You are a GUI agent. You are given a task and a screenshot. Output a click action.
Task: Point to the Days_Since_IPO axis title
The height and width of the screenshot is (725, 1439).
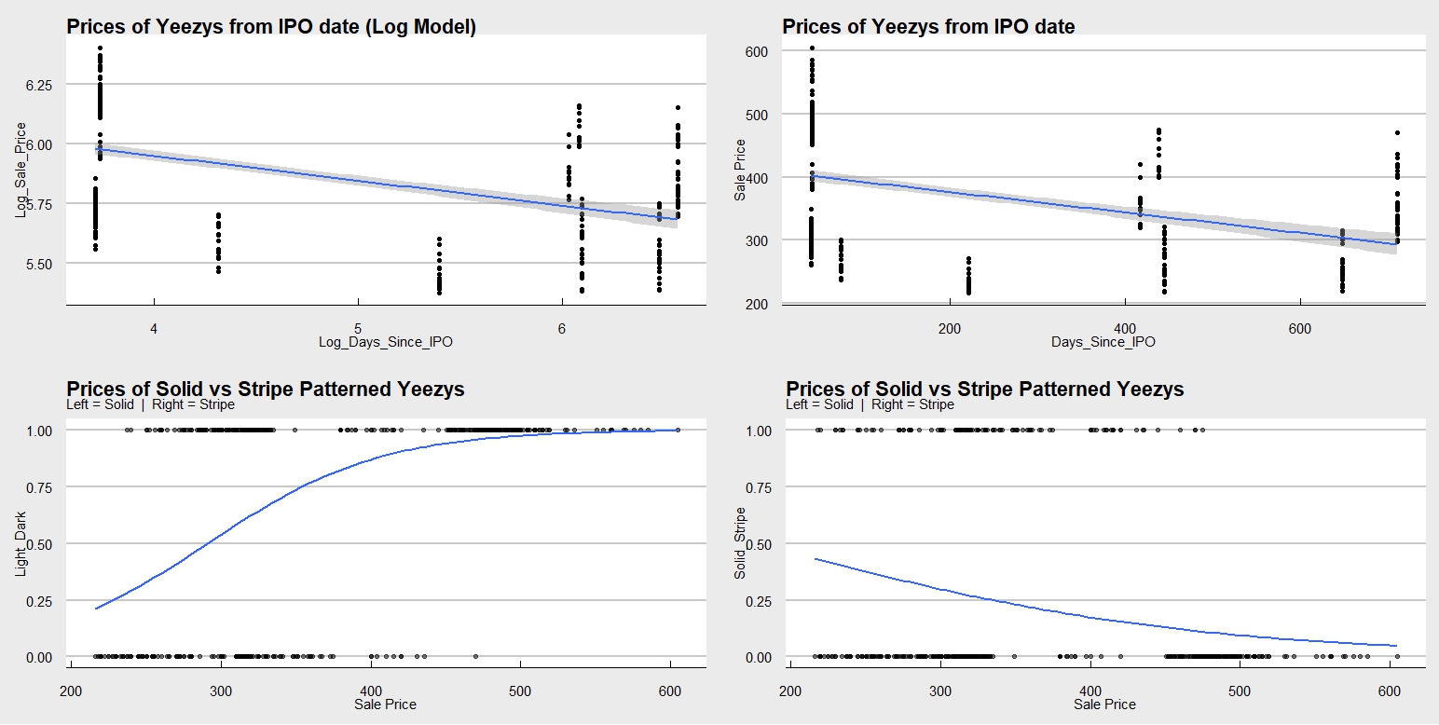1103,343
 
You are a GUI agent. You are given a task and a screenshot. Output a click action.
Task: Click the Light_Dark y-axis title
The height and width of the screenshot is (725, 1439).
21,544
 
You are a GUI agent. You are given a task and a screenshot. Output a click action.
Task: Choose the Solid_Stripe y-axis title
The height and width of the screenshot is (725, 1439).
741,544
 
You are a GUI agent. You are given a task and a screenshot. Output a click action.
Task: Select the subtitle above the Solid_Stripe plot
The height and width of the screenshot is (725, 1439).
870,405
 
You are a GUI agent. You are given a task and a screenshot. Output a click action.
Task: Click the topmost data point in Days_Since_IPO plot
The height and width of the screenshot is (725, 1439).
812,48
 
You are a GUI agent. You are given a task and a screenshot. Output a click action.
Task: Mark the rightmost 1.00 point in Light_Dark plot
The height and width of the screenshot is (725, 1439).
678,431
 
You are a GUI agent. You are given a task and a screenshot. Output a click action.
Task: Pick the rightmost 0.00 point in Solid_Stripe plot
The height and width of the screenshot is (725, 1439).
1397,657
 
